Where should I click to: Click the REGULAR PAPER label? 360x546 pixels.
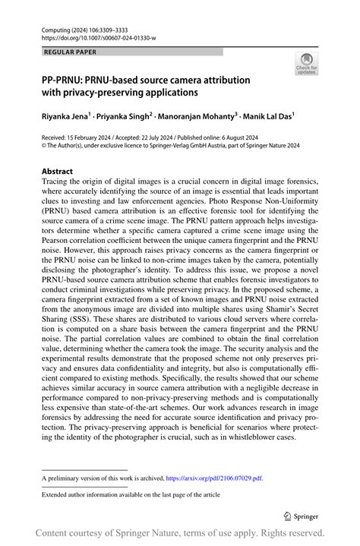pyautogui.click(x=71, y=52)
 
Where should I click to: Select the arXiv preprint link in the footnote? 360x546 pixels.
pyautogui.click(x=216, y=478)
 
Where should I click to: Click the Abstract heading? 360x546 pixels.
pyautogui.click(x=58, y=172)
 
